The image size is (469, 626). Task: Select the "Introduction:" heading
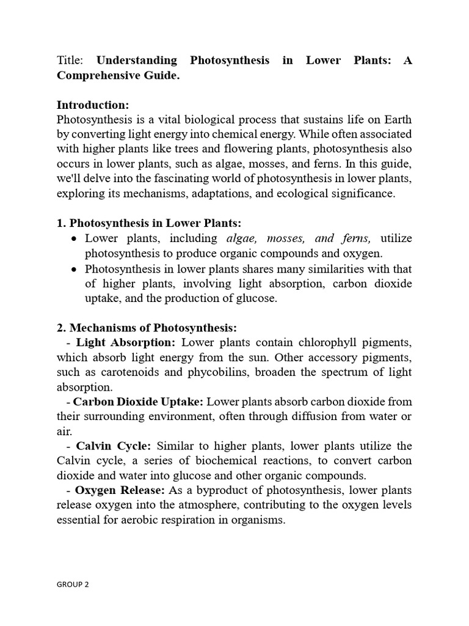tap(92, 105)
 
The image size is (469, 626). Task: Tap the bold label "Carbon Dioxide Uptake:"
tap(139, 401)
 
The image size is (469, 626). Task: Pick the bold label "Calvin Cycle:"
tap(113, 446)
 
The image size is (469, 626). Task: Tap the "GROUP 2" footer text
tap(73, 584)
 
